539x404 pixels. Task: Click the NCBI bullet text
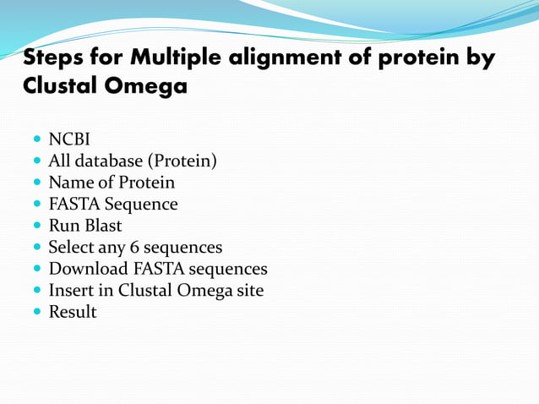click(68, 139)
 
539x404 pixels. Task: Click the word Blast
click(102, 226)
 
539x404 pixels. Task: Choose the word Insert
click(71, 291)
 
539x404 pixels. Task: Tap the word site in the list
click(249, 291)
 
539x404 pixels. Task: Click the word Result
click(72, 313)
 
